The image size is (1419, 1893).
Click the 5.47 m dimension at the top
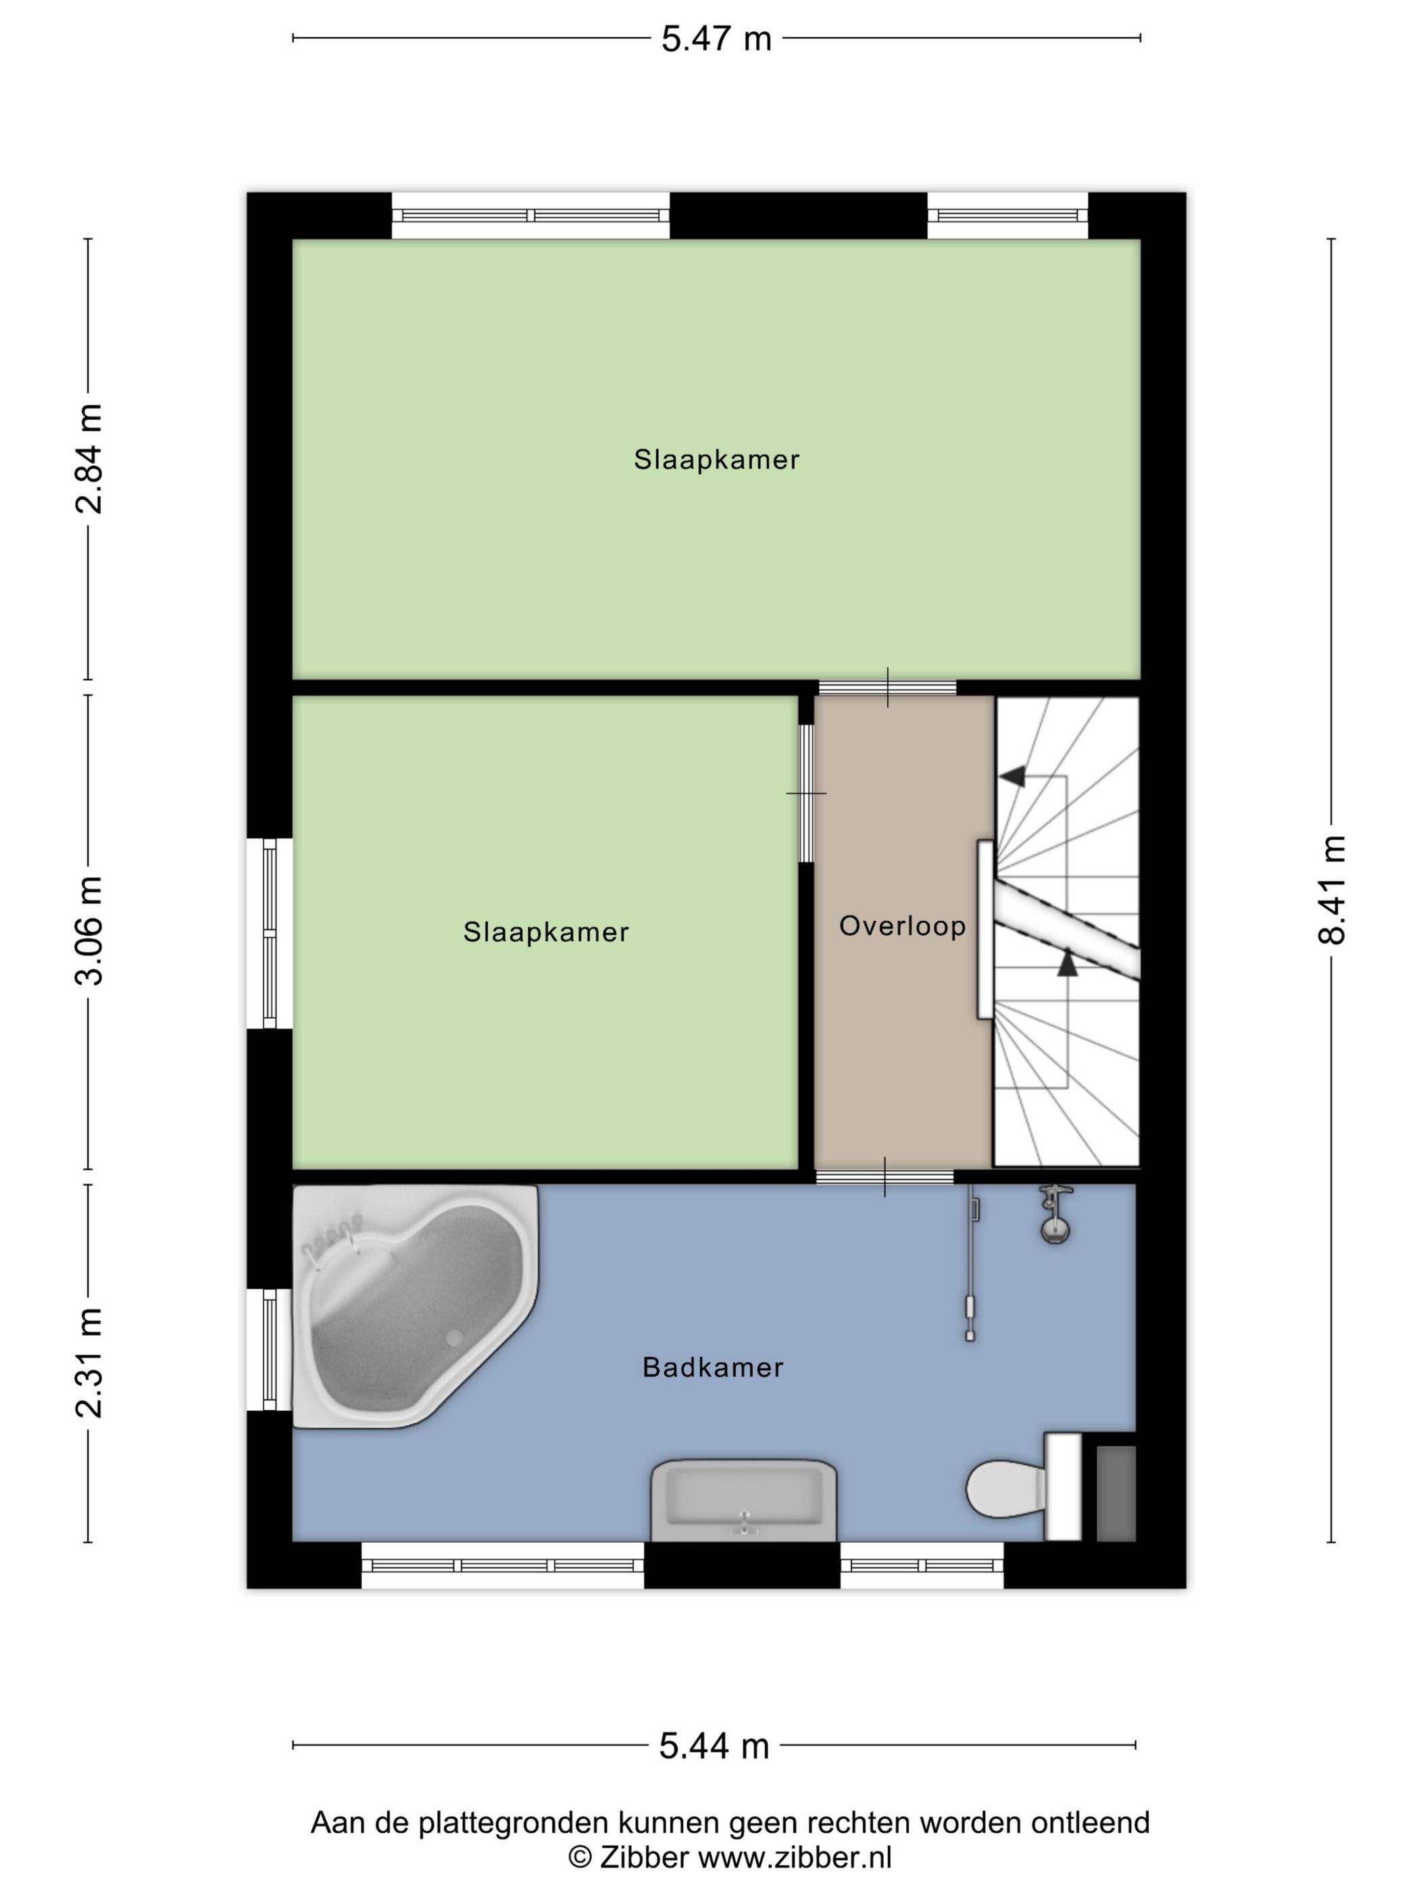(715, 39)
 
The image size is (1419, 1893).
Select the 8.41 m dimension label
(1331, 889)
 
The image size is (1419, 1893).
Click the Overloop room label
(901, 926)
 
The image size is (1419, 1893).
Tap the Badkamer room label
(712, 1368)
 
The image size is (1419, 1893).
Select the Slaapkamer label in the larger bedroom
(716, 460)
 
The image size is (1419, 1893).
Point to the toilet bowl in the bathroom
(1003, 1488)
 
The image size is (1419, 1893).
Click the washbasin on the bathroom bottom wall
(743, 1497)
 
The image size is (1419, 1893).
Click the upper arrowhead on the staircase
(1013, 776)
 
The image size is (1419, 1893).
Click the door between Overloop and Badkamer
(885, 1177)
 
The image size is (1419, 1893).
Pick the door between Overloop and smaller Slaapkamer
(805, 793)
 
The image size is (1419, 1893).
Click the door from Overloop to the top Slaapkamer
(887, 687)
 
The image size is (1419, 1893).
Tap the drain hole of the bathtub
(453, 1337)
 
